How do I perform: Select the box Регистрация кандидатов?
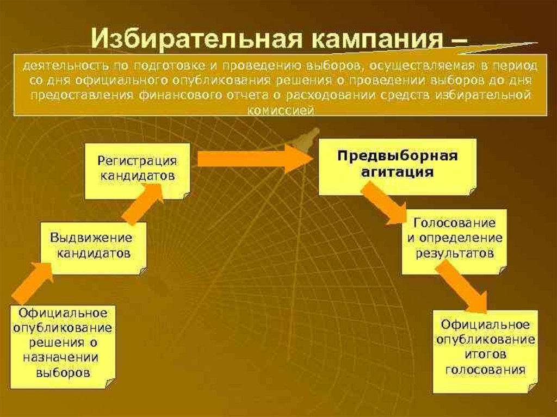(x=137, y=170)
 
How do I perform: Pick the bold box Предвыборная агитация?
(x=397, y=165)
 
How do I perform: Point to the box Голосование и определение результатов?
(x=454, y=239)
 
